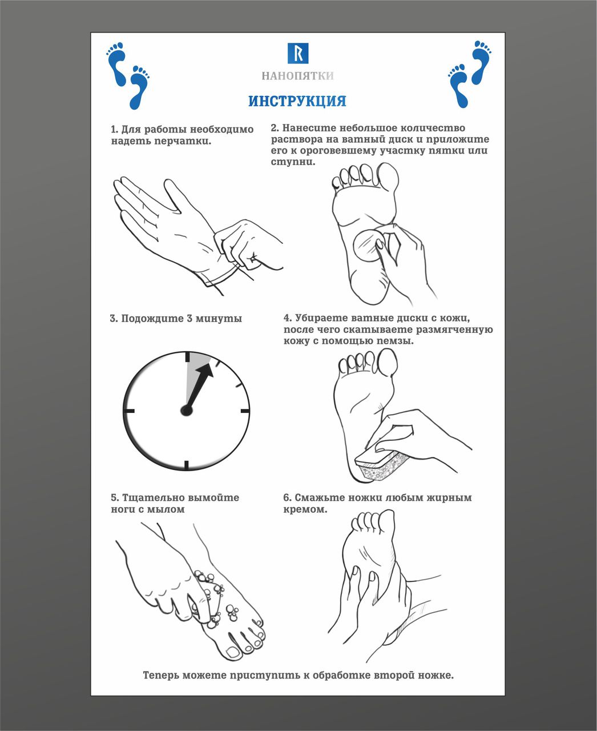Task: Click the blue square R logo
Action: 297,53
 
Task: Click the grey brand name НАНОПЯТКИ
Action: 297,75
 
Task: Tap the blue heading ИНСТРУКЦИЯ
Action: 297,101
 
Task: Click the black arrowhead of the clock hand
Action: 205,372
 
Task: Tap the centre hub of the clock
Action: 187,411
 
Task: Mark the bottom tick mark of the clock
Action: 187,465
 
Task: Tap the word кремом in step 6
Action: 305,509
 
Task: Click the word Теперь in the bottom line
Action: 161,675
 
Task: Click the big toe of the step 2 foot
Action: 388,178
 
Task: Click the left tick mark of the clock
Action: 128,411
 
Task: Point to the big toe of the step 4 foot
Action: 388,362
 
